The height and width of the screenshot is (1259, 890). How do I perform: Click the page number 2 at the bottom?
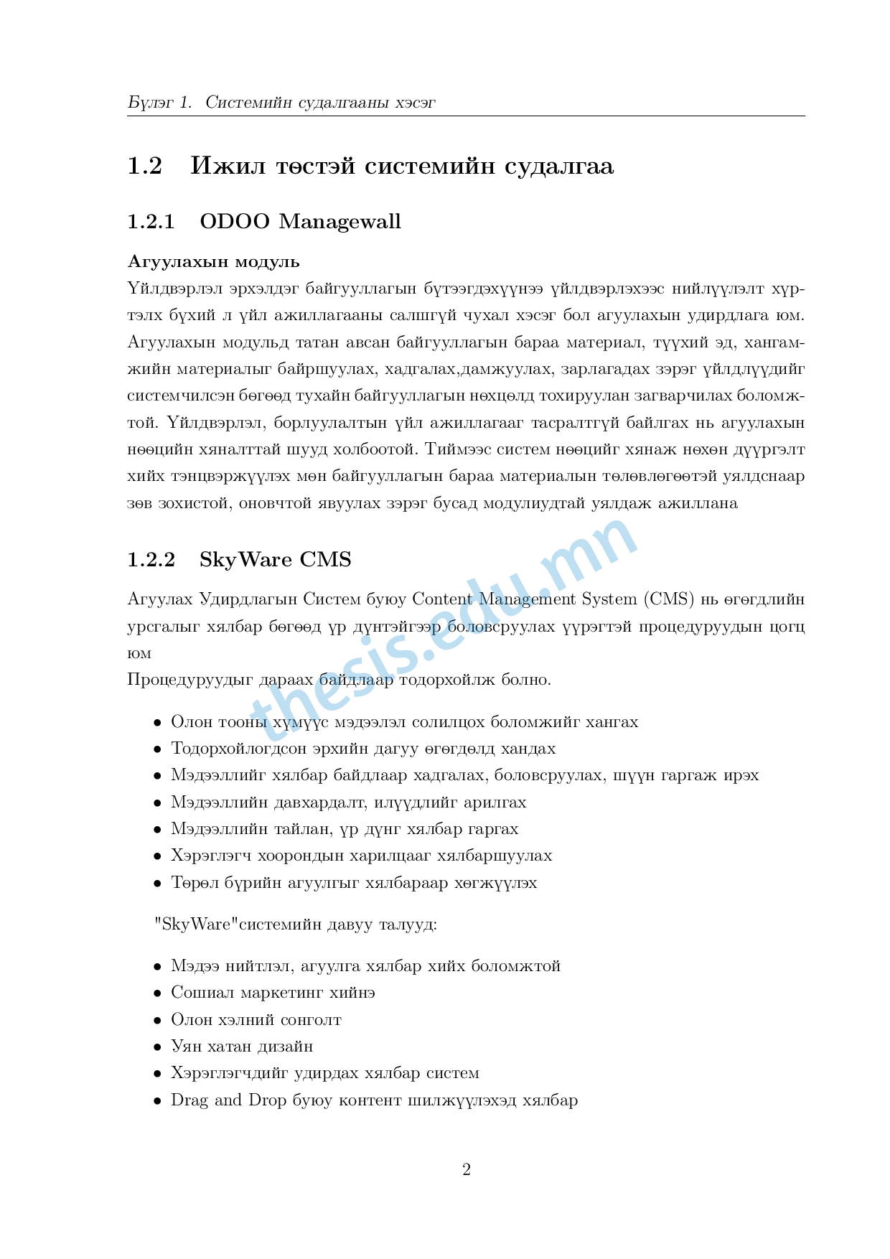point(467,1170)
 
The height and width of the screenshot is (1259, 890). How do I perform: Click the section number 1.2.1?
point(151,222)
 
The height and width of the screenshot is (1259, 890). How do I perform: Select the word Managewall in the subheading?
point(339,223)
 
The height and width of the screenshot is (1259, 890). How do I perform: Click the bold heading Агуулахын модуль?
point(213,261)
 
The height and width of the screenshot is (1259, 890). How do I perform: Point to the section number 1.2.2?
point(151,560)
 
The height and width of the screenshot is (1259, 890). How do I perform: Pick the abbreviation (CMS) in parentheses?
point(669,599)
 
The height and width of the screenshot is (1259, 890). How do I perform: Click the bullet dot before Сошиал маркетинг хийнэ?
point(157,993)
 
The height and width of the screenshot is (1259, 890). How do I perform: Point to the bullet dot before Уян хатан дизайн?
point(157,1047)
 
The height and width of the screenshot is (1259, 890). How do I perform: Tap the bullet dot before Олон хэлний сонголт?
point(157,1021)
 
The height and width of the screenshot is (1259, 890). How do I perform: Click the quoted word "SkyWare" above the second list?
point(196,924)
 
